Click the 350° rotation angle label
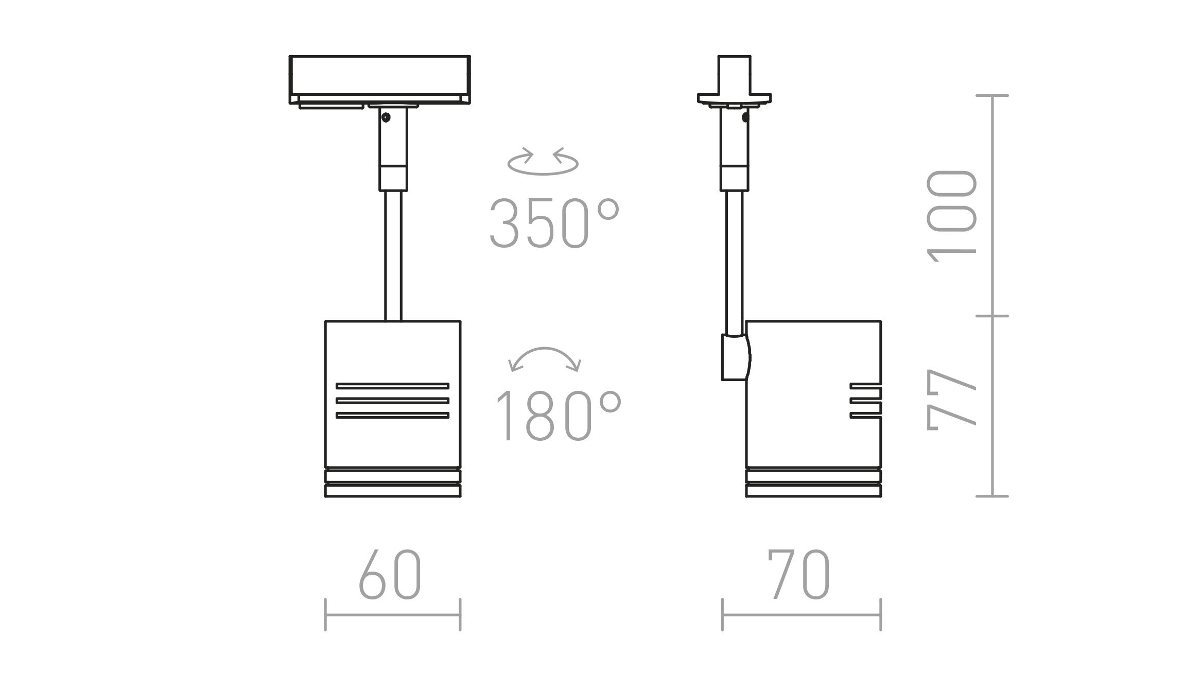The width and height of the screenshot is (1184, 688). tap(554, 223)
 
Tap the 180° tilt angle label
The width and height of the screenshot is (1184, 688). tap(559, 416)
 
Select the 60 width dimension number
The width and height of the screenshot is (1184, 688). tap(390, 574)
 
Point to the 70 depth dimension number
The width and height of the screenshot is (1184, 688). tap(799, 574)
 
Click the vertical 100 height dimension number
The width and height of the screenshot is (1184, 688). tap(951, 216)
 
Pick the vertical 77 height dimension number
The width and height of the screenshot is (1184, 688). tap(951, 400)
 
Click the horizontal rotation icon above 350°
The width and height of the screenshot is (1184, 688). tap(543, 161)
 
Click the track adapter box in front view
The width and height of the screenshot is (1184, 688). tap(380, 80)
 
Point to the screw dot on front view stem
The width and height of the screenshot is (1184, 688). tap(386, 117)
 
